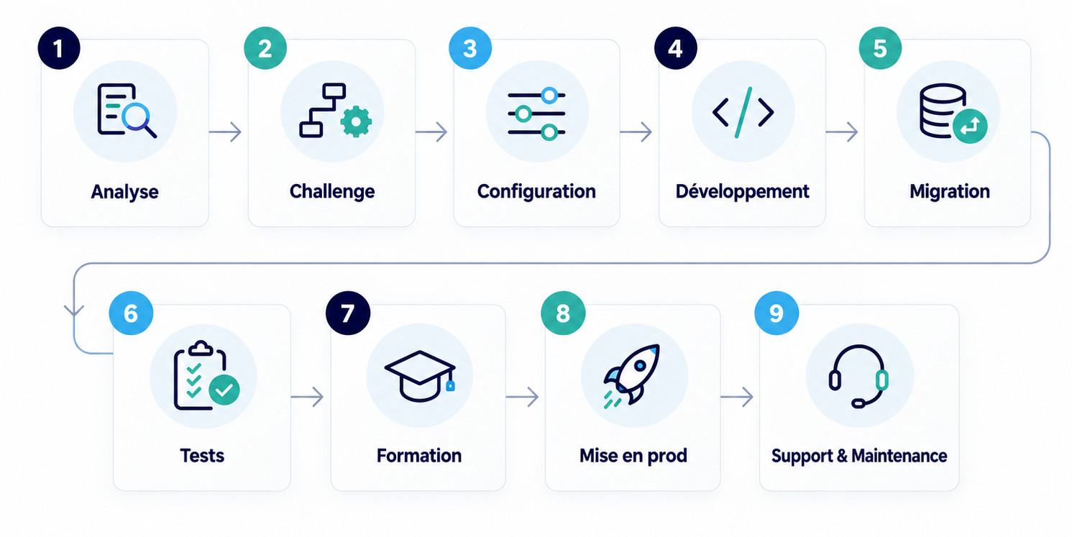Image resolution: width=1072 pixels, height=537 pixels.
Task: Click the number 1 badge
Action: [x=59, y=48]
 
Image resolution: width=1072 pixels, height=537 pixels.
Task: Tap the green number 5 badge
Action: [x=880, y=48]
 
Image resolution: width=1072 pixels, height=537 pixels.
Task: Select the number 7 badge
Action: [x=348, y=313]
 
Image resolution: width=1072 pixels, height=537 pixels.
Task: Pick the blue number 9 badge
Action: [x=776, y=313]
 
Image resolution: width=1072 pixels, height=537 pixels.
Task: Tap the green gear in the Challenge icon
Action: [x=356, y=121]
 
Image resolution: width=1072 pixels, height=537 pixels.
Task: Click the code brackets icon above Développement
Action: [x=743, y=112]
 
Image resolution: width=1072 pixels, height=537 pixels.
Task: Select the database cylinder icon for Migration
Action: [x=943, y=110]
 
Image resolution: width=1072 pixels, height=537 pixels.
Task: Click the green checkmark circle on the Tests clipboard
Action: [x=224, y=390]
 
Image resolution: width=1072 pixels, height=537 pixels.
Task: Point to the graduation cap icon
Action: [x=420, y=376]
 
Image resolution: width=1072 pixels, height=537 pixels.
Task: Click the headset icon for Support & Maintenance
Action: [x=858, y=376]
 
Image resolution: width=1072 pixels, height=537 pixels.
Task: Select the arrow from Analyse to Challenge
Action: [x=225, y=132]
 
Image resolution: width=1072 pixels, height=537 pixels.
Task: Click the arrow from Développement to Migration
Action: [x=841, y=132]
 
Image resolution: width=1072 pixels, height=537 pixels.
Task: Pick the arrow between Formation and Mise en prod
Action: [x=522, y=397]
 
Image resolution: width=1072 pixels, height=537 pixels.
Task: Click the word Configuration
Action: [x=536, y=191]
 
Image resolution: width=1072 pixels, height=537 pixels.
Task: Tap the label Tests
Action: [x=202, y=456]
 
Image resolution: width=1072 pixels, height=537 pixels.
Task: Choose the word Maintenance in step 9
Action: [x=899, y=456]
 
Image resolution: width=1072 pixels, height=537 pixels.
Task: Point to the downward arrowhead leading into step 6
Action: [x=74, y=310]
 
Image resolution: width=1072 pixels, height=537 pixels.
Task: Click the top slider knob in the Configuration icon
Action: [x=550, y=95]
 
